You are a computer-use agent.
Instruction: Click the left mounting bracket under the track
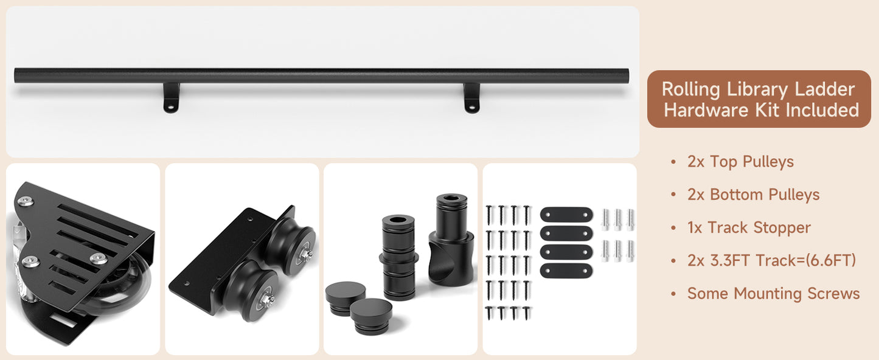tap(171, 98)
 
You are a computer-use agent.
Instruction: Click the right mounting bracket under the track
tap(471, 98)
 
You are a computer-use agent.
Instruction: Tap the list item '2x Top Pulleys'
tap(740, 162)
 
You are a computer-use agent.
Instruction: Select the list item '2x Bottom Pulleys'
tap(754, 195)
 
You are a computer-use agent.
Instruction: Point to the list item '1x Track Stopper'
tap(749, 228)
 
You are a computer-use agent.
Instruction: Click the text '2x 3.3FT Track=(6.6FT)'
tap(771, 261)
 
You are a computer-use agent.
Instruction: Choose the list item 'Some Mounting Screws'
tap(773, 294)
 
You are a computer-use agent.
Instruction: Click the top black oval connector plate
tap(566, 215)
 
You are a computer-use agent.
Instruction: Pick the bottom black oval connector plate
tap(566, 271)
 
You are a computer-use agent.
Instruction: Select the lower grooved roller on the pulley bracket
tap(253, 290)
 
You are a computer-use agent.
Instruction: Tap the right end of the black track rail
tap(627, 75)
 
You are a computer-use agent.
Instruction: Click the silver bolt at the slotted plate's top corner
tap(26, 201)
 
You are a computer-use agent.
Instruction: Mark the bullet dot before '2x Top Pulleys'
tap(674, 162)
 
